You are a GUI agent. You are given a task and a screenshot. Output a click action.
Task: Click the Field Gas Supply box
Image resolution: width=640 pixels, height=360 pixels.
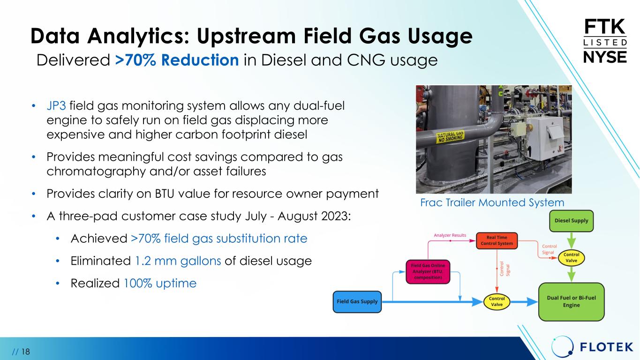pos(357,302)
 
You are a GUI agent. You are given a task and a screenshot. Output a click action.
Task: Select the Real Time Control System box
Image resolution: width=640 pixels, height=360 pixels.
pos(497,240)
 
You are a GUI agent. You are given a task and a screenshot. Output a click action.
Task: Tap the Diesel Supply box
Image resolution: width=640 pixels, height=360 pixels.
pos(572,221)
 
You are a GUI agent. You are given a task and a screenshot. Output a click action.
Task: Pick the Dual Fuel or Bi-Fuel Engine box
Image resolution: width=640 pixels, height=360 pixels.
pos(572,302)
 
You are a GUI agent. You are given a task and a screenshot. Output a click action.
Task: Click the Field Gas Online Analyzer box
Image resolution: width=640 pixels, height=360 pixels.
pos(428,272)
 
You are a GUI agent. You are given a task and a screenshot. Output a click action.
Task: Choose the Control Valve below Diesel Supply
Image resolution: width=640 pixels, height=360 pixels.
pos(572,258)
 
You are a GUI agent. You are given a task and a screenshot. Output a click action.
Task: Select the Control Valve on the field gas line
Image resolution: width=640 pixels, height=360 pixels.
pos(497,302)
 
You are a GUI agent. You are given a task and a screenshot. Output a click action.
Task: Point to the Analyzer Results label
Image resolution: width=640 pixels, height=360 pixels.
pos(450,235)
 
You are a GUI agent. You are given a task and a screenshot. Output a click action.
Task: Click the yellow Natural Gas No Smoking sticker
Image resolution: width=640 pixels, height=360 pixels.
pos(451,136)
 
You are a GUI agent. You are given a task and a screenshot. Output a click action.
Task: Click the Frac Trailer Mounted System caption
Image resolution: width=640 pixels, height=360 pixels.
pos(492,202)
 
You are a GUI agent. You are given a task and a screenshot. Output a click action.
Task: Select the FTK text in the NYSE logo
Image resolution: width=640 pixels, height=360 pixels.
pos(604,27)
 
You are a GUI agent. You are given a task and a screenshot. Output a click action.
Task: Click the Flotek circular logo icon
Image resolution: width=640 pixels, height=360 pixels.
pos(562,347)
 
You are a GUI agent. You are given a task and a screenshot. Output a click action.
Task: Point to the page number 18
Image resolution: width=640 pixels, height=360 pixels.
pos(25,352)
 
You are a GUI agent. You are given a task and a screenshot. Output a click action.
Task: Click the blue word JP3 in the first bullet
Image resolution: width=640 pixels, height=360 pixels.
pos(56,106)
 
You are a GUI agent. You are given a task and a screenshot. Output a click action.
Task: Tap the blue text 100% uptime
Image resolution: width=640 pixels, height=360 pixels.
pos(160,284)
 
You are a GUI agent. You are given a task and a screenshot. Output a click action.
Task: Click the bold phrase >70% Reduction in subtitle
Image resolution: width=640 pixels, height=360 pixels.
pos(177,60)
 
